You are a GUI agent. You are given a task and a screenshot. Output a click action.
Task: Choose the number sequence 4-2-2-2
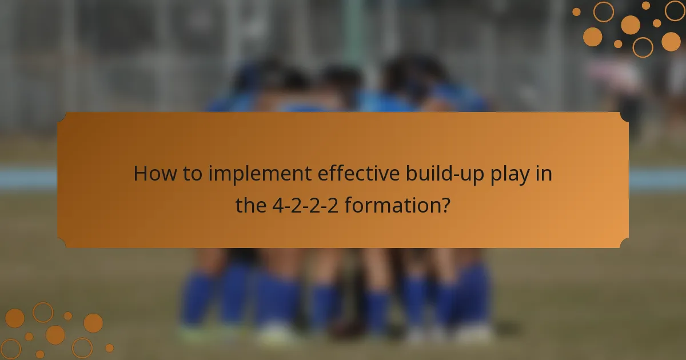[304, 205]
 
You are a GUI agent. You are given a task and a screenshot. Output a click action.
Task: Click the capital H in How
[141, 173]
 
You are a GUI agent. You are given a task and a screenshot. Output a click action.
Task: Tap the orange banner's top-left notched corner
[61, 115]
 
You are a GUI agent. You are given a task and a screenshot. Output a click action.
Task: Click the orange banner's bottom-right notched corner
[625, 245]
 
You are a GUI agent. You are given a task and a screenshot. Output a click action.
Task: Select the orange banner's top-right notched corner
[625, 115]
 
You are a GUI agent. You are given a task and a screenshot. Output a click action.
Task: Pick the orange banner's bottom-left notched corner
[61, 245]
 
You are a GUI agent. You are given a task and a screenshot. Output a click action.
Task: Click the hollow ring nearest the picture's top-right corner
[675, 10]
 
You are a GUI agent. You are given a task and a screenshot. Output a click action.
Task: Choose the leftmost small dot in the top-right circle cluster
[576, 11]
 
